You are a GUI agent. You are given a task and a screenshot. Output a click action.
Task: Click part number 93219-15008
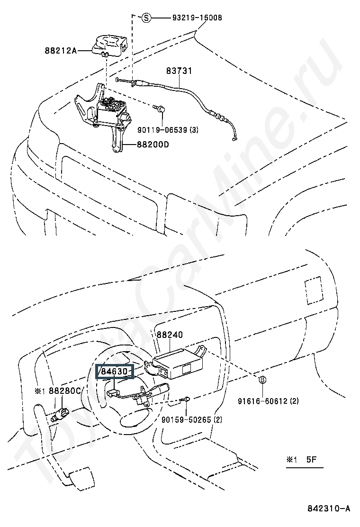(195, 18)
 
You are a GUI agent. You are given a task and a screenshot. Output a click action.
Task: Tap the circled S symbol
(146, 18)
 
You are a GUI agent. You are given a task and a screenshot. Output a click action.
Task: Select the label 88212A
(61, 49)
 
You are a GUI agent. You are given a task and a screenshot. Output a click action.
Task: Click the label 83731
(179, 71)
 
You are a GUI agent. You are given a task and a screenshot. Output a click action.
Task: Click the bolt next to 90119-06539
(161, 109)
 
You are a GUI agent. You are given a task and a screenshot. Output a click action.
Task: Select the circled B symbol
(261, 379)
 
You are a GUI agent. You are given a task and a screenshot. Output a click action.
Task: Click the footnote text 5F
(311, 459)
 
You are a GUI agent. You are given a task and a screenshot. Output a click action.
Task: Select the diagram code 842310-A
(328, 509)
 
